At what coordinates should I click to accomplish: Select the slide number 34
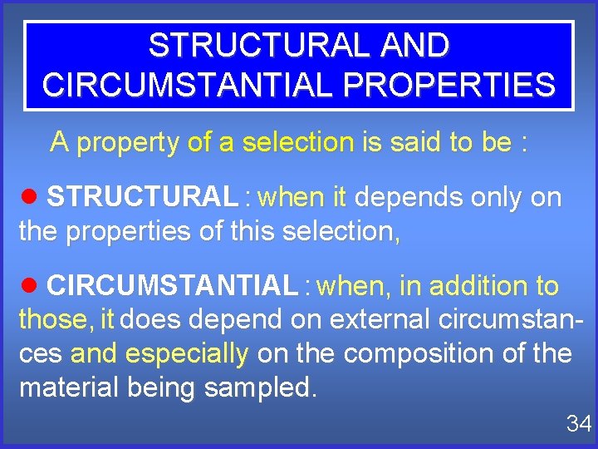pos(578,424)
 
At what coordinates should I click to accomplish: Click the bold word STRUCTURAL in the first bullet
pos(142,198)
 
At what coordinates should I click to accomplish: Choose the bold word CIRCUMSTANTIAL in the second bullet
pos(172,287)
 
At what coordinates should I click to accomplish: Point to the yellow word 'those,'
pos(56,319)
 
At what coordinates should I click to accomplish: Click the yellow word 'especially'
pos(187,353)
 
